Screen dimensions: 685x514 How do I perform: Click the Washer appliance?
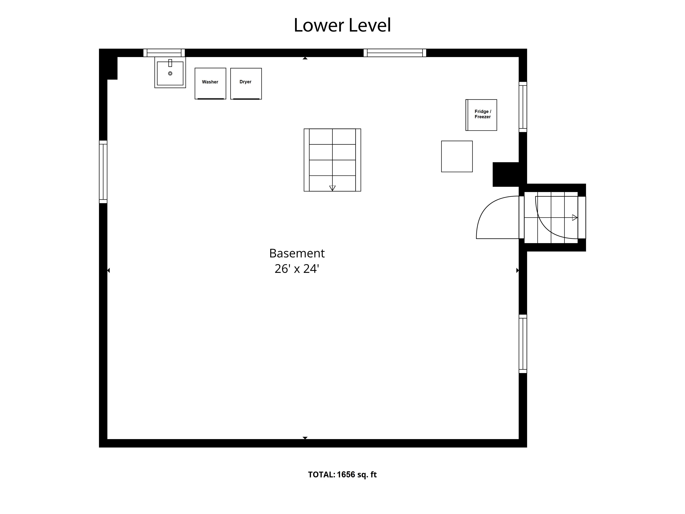(210, 84)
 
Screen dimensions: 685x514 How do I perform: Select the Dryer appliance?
(246, 84)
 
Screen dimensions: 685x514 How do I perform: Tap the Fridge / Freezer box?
(481, 115)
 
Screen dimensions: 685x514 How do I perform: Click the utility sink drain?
(170, 73)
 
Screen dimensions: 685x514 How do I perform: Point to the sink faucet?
(170, 63)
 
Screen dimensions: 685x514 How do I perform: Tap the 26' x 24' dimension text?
(297, 269)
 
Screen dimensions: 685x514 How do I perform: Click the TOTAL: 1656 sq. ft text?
(342, 474)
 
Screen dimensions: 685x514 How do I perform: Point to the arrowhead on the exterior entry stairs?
(575, 217)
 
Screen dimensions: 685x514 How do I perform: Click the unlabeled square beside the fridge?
(457, 156)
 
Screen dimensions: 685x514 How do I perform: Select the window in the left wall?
(103, 172)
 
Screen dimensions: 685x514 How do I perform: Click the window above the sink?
(164, 53)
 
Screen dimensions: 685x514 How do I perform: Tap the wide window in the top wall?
(395, 53)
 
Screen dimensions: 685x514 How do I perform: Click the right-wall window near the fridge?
(523, 107)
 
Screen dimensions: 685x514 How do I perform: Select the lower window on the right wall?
(523, 344)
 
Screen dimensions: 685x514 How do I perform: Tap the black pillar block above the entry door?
(506, 174)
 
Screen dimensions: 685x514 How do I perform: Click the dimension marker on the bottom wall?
(305, 438)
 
